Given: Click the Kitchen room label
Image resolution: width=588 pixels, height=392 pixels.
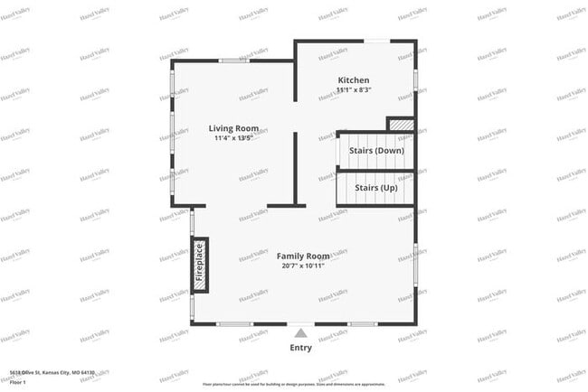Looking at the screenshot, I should [x=354, y=80].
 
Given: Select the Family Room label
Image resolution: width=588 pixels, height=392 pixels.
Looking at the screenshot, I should [x=303, y=256].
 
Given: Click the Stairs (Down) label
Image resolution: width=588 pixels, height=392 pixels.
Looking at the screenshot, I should [x=376, y=151].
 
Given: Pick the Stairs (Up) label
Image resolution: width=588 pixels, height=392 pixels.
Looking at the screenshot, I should [x=375, y=188].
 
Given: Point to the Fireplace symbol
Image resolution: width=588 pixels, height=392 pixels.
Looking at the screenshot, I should [x=200, y=265].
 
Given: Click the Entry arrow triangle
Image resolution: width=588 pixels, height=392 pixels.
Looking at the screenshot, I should [x=300, y=333].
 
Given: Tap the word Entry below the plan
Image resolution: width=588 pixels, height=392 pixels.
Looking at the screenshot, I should [x=301, y=348].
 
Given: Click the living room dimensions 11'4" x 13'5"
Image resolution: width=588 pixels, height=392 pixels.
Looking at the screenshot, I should [x=240, y=138].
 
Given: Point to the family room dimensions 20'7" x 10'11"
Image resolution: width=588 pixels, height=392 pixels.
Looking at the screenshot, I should [x=302, y=266].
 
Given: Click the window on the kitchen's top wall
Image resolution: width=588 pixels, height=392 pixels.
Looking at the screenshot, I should [x=377, y=41].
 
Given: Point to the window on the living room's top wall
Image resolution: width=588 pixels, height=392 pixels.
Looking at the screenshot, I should [x=233, y=61].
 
